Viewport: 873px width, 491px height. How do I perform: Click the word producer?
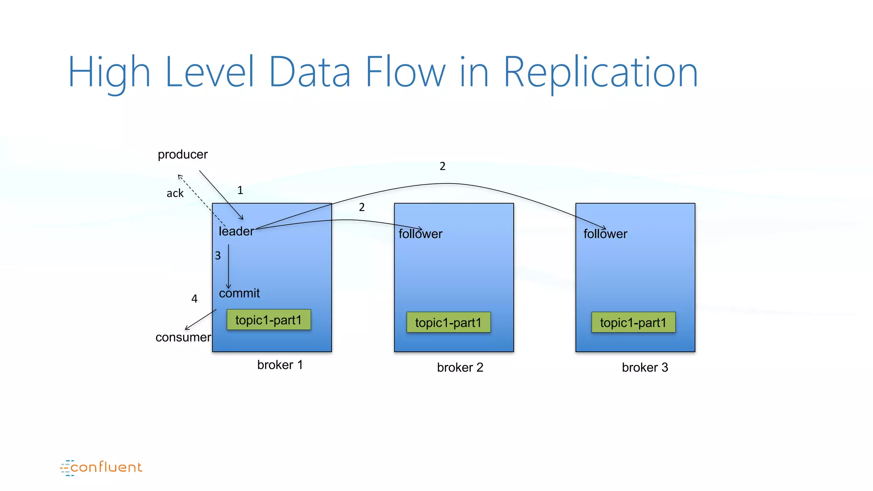point(182,154)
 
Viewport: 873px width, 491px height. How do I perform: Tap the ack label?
point(175,193)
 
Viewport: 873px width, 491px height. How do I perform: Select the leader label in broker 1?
point(236,231)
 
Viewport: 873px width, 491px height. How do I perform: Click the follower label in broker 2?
point(420,234)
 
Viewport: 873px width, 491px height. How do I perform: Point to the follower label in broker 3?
point(605,234)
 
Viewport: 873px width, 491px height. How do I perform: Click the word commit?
point(239,293)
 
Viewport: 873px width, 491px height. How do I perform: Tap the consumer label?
point(183,338)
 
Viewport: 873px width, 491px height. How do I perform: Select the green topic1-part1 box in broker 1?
point(269,320)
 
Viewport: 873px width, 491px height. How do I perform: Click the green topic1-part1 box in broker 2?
point(448,322)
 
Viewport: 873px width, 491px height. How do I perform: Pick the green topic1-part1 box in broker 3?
point(633,322)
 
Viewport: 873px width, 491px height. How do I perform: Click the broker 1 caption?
point(280,365)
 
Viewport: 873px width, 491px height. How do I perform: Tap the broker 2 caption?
point(460,367)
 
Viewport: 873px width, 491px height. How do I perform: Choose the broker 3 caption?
point(645,367)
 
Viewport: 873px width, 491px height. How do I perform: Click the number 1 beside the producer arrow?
point(240,190)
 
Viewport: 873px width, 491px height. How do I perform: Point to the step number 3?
point(218,256)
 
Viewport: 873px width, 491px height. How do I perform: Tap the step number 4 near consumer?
point(194,299)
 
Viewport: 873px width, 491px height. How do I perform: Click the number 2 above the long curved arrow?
point(442,166)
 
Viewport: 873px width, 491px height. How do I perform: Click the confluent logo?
point(101,468)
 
